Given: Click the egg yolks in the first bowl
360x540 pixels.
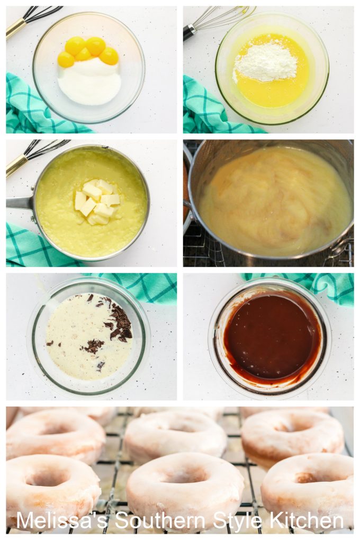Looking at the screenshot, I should pos(88,51).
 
